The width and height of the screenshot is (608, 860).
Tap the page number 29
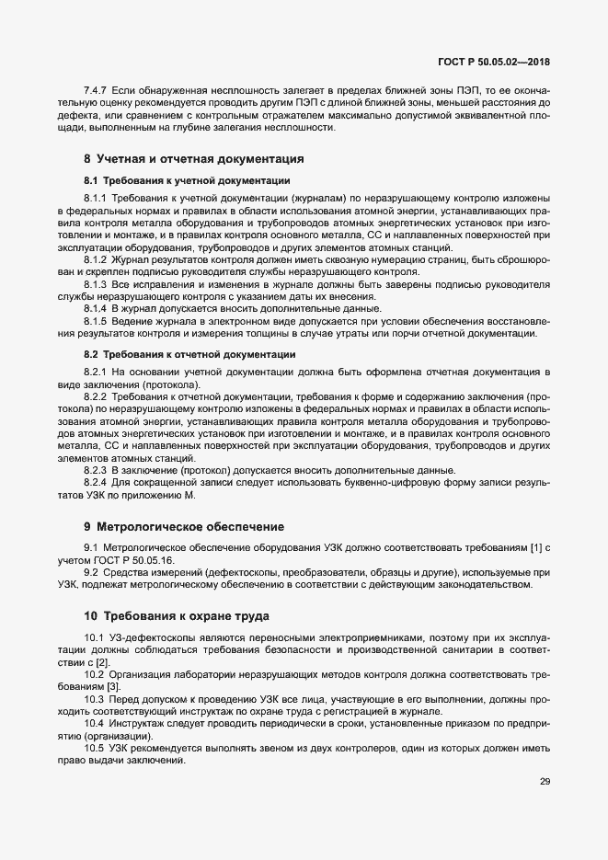point(545,781)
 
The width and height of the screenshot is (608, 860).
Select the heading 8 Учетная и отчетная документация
point(194,158)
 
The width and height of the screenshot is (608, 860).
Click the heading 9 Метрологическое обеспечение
point(184,527)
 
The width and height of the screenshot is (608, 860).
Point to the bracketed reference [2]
point(102,662)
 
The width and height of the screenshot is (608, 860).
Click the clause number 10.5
point(94,748)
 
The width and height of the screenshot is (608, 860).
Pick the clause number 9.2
point(91,572)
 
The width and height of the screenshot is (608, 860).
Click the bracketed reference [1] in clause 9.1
point(536,548)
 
